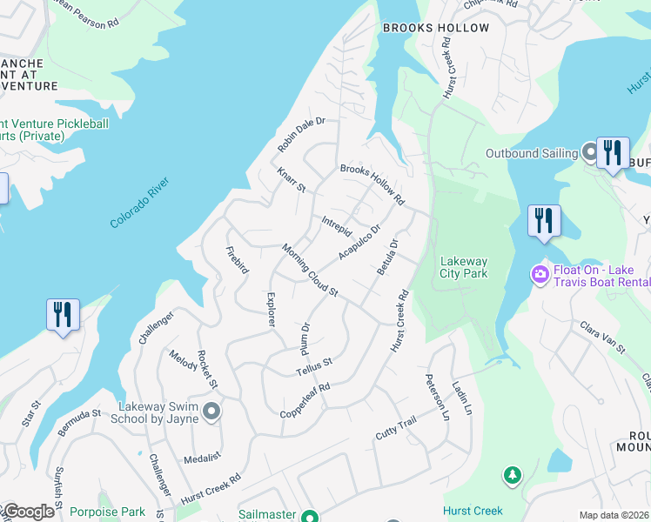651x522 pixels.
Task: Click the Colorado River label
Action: [x=138, y=204]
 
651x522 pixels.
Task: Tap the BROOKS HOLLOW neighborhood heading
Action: [x=436, y=28]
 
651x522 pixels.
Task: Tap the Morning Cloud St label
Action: [x=310, y=270]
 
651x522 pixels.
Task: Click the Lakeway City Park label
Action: [x=464, y=267]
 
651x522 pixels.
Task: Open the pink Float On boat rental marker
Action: [x=540, y=275]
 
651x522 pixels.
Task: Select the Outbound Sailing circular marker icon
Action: [x=589, y=153]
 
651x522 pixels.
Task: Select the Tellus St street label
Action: [x=313, y=366]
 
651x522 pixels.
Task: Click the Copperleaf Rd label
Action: [x=305, y=400]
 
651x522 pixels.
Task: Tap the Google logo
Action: [x=28, y=512]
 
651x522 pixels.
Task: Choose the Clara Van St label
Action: [x=602, y=337]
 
